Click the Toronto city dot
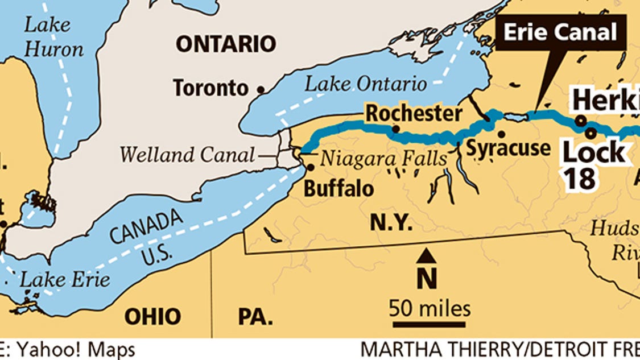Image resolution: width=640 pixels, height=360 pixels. tap(261, 90)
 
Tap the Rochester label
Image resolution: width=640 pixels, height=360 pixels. tap(414, 113)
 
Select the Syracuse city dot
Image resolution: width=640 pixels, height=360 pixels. tap(501, 135)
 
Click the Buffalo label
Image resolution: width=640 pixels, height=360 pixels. tap(339, 188)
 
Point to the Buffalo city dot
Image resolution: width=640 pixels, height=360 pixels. tap(310, 168)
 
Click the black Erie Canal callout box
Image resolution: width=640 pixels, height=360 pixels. tap(560, 32)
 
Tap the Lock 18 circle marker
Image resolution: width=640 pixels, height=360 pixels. tap(591, 133)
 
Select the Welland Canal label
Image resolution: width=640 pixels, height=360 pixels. tap(188, 154)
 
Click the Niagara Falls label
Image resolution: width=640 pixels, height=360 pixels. tap(383, 159)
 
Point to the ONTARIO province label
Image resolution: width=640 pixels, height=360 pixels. tap(225, 43)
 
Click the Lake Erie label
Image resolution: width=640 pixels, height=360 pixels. tap(64, 280)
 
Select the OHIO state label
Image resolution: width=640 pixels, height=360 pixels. tap(152, 316)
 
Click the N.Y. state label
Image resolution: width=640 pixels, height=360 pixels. tap(391, 223)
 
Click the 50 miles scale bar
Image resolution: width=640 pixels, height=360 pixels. tap(430, 325)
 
